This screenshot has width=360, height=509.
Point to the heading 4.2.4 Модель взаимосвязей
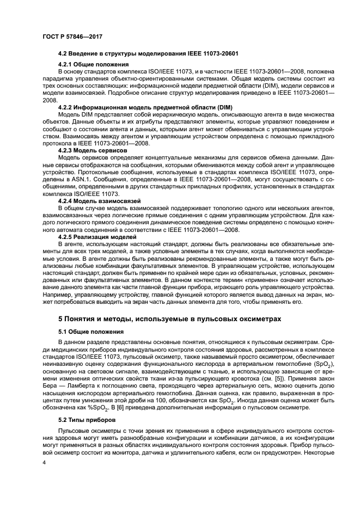click(x=98, y=201)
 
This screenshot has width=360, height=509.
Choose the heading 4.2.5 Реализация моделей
click(x=97, y=237)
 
